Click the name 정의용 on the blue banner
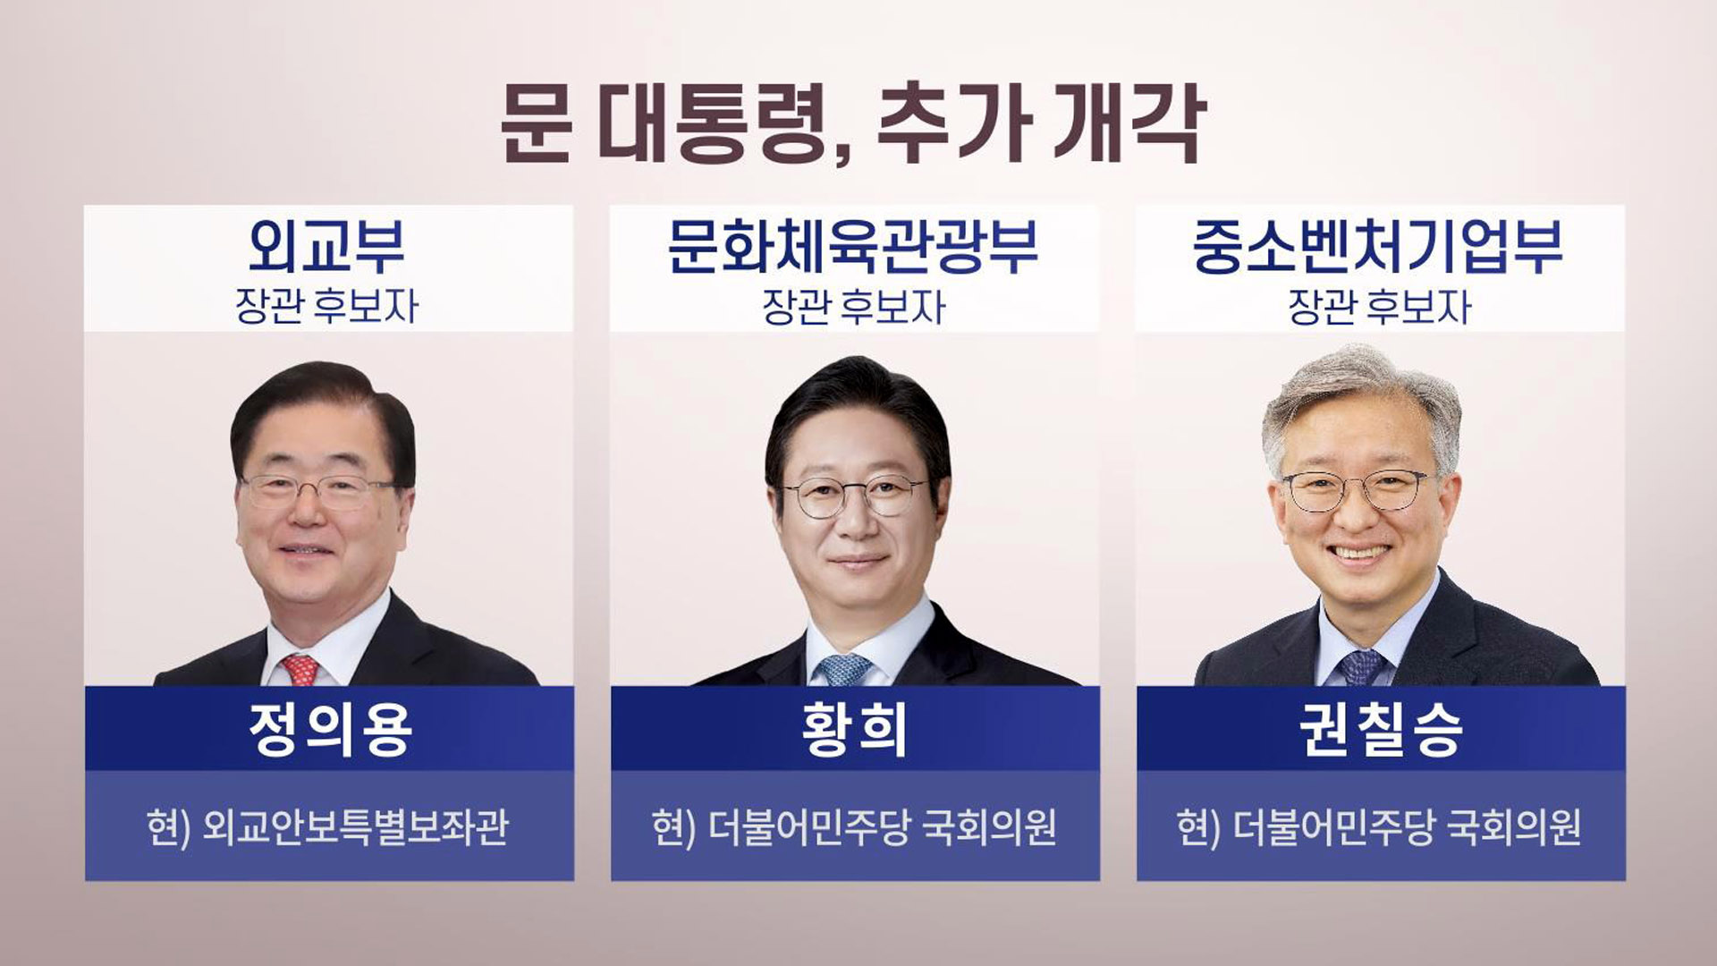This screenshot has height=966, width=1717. point(330,729)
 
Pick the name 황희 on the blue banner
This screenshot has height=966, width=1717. point(855,729)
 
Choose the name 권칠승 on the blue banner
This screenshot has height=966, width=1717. point(1381,729)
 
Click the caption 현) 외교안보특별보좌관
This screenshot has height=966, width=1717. point(328,827)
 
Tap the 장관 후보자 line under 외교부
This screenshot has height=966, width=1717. point(327,307)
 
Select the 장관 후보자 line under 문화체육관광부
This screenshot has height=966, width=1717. point(853,307)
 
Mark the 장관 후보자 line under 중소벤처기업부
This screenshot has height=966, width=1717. point(1379,307)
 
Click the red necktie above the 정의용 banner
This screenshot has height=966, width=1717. point(300,669)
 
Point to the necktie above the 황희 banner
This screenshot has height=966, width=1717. point(844,670)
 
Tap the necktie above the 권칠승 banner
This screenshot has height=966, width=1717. point(1361,668)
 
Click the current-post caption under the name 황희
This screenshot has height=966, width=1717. point(854,827)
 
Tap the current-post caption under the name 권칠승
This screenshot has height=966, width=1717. point(1379,827)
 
